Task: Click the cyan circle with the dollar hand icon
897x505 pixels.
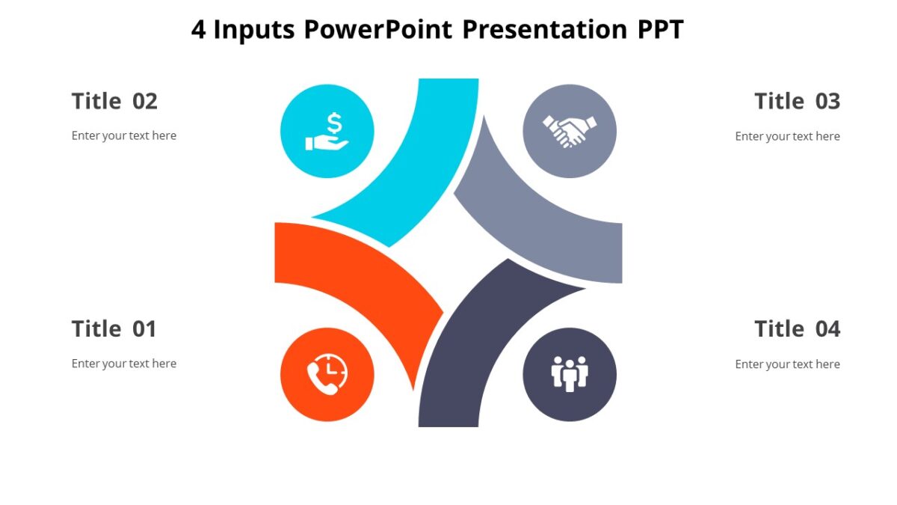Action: click(327, 131)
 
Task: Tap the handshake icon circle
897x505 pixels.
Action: click(570, 131)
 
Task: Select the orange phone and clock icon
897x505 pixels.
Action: click(327, 374)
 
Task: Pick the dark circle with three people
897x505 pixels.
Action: click(570, 374)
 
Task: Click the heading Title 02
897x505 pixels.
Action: click(114, 101)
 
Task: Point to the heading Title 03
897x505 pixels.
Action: click(797, 101)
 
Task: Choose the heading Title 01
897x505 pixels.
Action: click(114, 328)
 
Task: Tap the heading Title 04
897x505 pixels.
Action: click(797, 328)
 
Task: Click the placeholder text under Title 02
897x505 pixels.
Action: click(124, 136)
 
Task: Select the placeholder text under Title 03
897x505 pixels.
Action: click(787, 136)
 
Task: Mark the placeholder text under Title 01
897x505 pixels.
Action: click(124, 364)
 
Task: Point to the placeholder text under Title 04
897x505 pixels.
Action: click(787, 364)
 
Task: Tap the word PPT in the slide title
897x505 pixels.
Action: click(659, 30)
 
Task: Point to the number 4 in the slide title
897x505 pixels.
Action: click(198, 30)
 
